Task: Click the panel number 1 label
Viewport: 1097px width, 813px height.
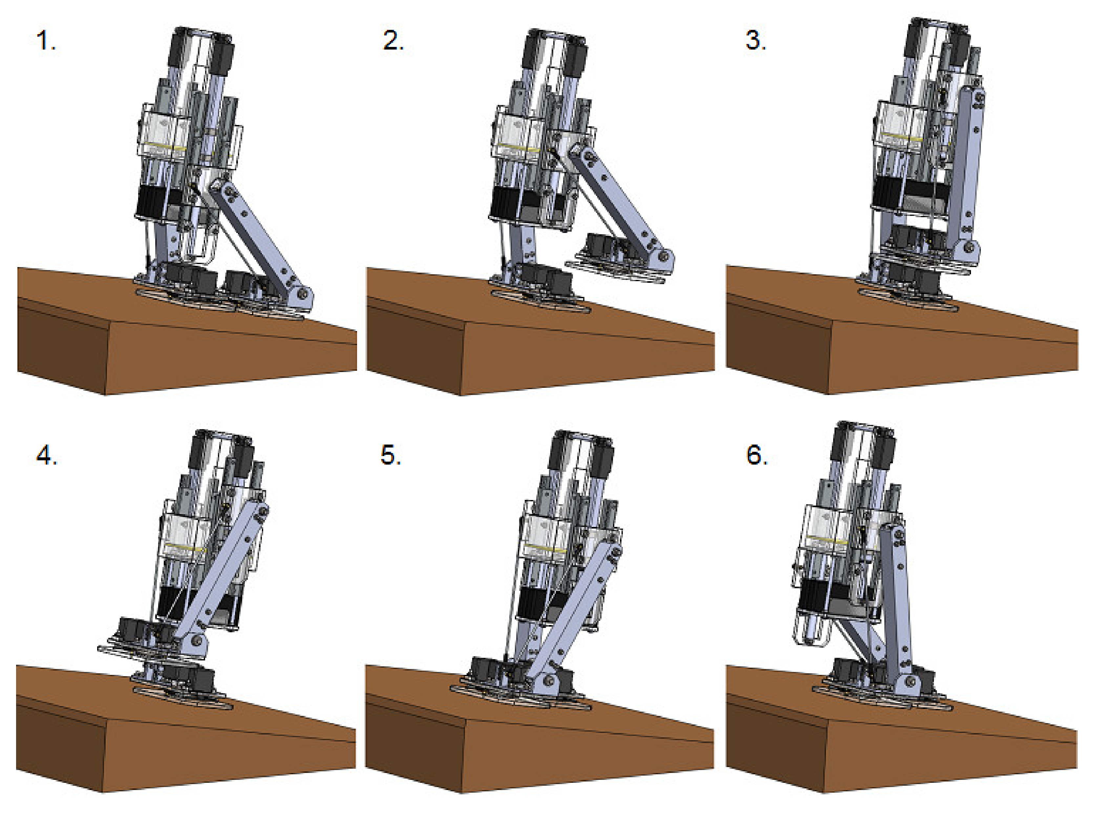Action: coord(45,40)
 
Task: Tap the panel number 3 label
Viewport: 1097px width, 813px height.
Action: coord(755,40)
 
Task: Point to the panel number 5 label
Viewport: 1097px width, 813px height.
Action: coord(390,456)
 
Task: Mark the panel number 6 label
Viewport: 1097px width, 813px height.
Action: coord(756,456)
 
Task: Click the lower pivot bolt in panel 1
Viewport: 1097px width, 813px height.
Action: coord(302,294)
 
